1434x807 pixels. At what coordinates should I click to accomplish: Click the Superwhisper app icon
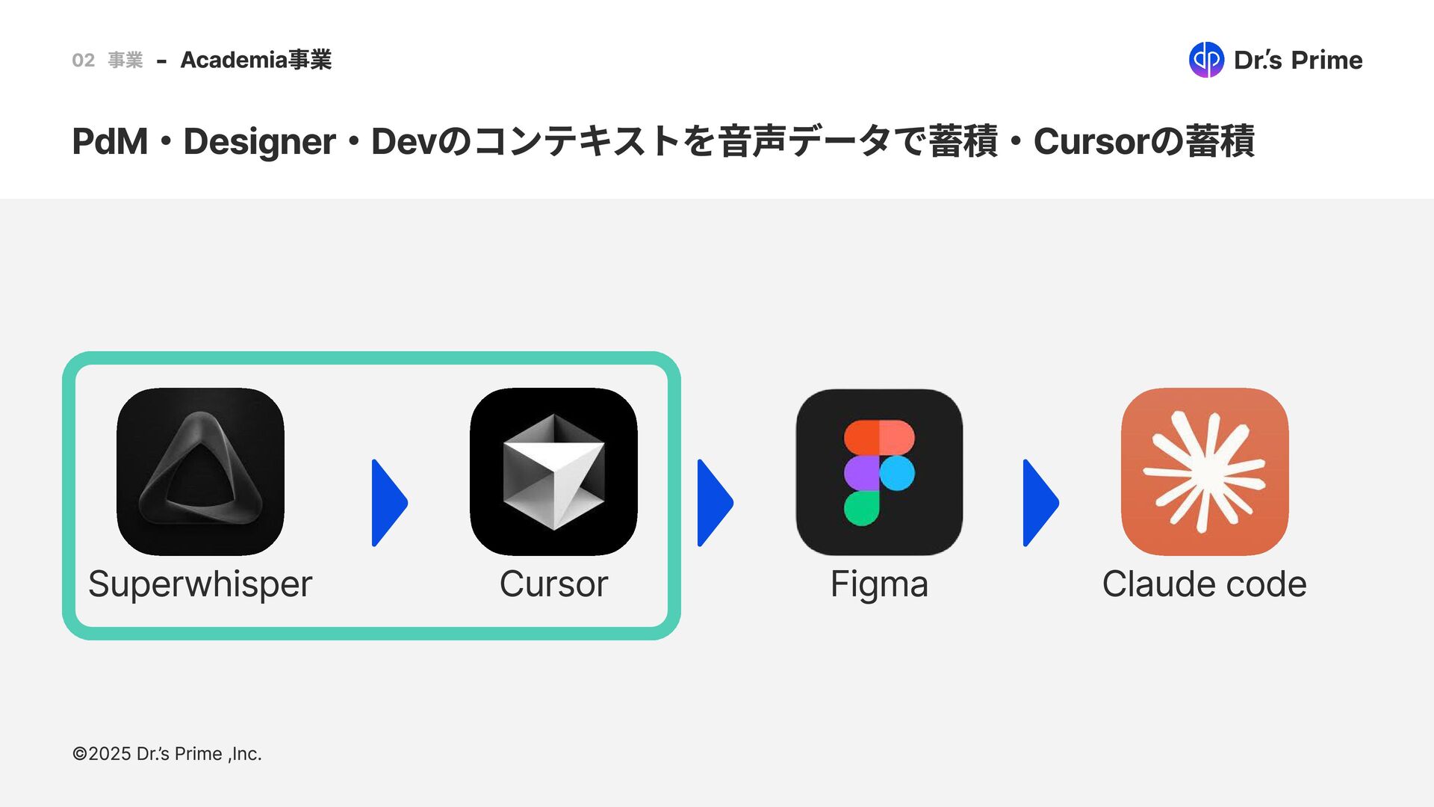[x=200, y=471]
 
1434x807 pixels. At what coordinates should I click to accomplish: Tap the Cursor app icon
[x=553, y=471]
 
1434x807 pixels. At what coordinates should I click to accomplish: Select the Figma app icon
[x=879, y=471]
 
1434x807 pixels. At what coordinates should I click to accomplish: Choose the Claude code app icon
[x=1205, y=471]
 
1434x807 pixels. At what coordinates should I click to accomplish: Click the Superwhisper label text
[x=200, y=584]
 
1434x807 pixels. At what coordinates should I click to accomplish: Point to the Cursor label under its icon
[x=553, y=584]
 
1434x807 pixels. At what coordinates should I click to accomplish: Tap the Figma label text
[x=879, y=584]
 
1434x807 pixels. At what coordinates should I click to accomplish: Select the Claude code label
[x=1204, y=584]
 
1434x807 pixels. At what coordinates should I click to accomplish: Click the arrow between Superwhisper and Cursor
[x=388, y=503]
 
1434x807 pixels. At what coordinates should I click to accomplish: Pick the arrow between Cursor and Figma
[x=714, y=503]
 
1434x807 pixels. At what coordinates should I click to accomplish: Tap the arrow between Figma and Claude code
[x=1040, y=503]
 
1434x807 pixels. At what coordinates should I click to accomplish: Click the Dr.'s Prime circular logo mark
[x=1206, y=60]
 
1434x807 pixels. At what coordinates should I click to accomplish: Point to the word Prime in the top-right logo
[x=1326, y=60]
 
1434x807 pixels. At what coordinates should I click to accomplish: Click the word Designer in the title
[x=259, y=142]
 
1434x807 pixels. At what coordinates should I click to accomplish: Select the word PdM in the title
[x=110, y=142]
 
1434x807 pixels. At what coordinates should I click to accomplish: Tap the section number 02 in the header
[x=83, y=61]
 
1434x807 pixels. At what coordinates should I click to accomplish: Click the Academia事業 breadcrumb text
[x=256, y=60]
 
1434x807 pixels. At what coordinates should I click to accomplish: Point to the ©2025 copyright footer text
[x=167, y=754]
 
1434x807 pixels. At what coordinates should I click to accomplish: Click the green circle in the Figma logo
[x=861, y=509]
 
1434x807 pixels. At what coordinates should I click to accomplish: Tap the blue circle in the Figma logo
[x=897, y=473]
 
